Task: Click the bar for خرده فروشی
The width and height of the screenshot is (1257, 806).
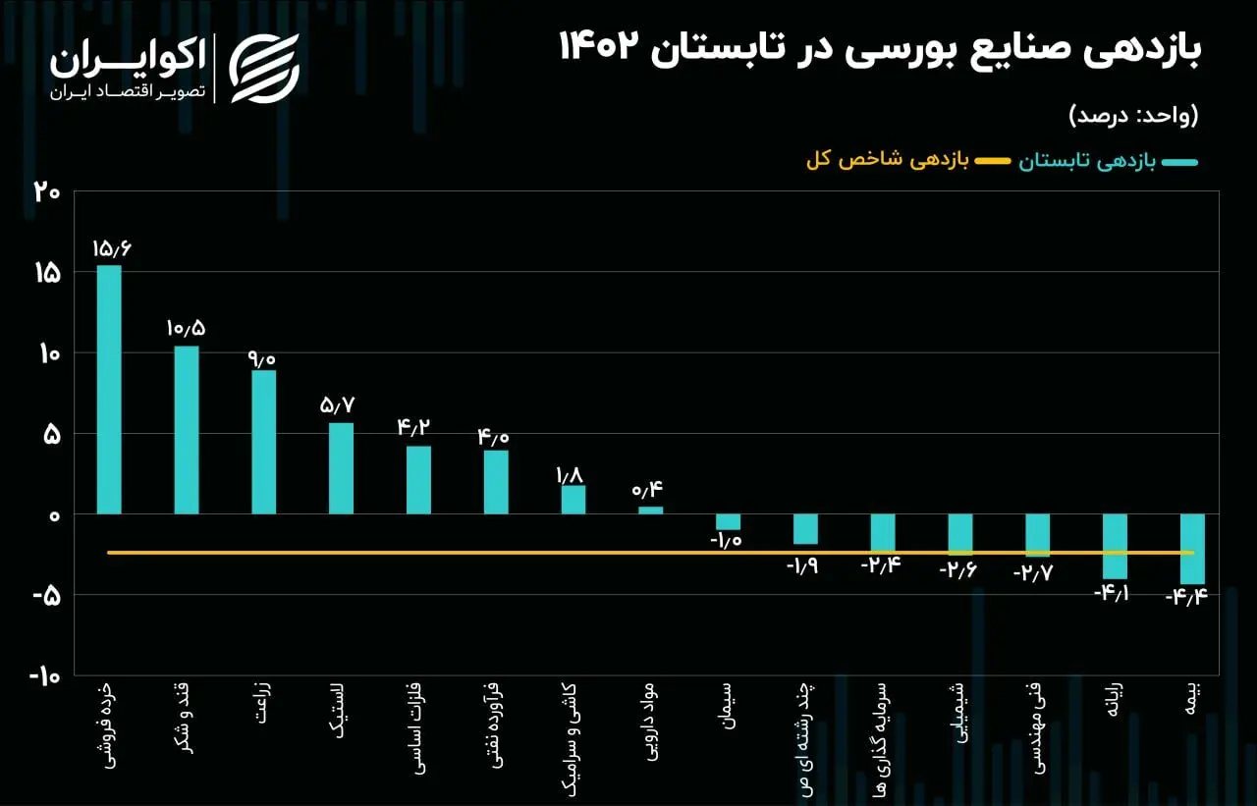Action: click(x=109, y=390)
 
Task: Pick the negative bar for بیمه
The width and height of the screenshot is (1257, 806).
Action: click(x=1192, y=549)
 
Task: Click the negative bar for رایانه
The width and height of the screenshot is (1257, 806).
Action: click(x=1115, y=546)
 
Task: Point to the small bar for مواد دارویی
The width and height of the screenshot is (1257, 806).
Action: click(x=650, y=510)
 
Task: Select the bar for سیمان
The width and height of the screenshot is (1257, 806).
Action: click(x=728, y=522)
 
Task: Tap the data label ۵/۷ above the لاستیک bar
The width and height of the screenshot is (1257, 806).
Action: click(x=340, y=405)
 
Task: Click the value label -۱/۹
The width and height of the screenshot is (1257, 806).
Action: click(x=804, y=566)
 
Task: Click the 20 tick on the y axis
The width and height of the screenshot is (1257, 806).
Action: click(x=46, y=192)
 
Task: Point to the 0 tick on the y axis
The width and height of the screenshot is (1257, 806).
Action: click(x=54, y=515)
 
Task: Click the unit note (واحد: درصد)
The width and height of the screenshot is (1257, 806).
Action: click(x=1133, y=116)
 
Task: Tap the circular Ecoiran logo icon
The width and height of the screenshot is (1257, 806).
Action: click(x=264, y=69)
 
